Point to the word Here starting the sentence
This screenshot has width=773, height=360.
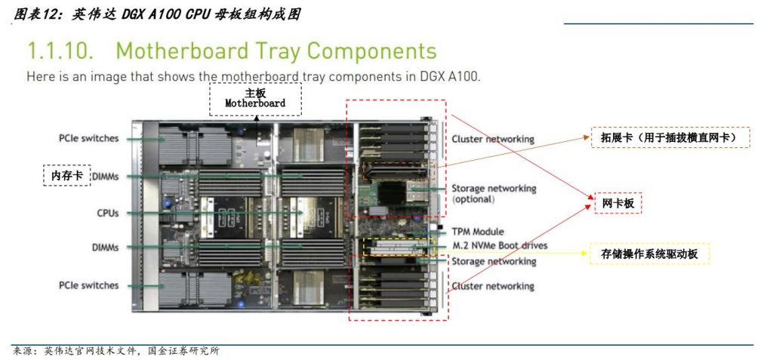(x=40, y=76)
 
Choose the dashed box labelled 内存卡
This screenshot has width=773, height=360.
(x=66, y=175)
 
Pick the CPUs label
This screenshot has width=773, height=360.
(x=107, y=214)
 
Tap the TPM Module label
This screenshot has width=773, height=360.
(x=477, y=232)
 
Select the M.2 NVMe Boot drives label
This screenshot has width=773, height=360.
(x=500, y=246)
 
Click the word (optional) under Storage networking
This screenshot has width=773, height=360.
(x=473, y=199)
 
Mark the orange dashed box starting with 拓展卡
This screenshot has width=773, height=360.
(x=670, y=137)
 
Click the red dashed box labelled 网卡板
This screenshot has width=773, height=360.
(x=617, y=203)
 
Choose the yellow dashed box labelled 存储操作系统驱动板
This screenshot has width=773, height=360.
(x=648, y=254)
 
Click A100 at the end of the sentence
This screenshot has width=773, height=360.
(x=463, y=76)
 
